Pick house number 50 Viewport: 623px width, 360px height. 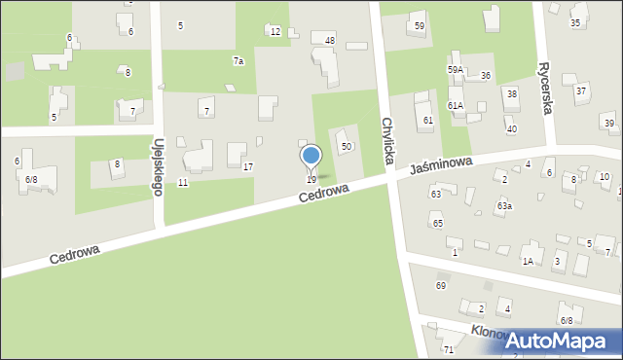[346, 146]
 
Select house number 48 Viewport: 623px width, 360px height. [330, 40]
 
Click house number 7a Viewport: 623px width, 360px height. [238, 61]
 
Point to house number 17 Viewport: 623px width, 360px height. [248, 167]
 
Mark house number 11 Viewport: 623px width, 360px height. [183, 183]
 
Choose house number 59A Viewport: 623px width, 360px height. [455, 70]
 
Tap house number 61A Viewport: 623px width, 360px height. [455, 105]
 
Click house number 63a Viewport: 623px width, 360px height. [504, 206]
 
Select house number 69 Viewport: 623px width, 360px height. [441, 285]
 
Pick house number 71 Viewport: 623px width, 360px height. [449, 349]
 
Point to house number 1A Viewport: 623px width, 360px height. [528, 261]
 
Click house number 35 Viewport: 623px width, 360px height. [575, 22]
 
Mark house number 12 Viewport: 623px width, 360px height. [275, 32]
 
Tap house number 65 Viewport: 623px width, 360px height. [438, 224]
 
